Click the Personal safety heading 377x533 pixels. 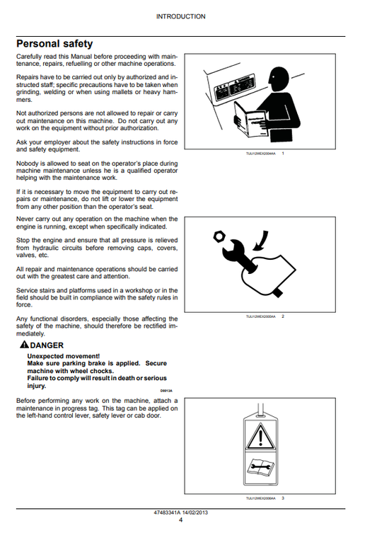[54, 44]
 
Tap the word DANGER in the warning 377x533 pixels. [45, 345]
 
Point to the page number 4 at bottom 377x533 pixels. [181, 520]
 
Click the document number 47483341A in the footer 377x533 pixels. [164, 512]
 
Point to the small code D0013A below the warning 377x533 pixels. [167, 390]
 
